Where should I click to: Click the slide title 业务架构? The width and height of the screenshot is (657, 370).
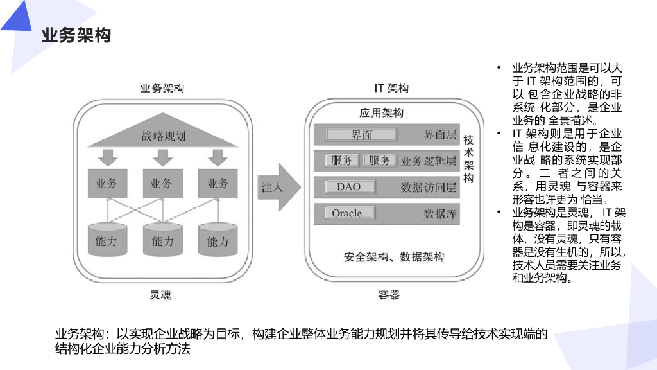coord(76,35)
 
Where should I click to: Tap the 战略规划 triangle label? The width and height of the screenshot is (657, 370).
coord(163,136)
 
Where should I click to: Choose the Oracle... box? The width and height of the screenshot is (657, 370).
coord(350,213)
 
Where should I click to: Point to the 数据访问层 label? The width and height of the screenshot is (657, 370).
coord(428,188)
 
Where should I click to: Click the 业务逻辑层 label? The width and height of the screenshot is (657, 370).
coord(428,161)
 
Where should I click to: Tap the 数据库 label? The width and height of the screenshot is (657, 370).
coord(439,214)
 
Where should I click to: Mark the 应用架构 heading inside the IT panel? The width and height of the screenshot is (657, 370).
coord(381,113)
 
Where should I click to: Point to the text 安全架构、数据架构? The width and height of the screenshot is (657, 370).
coord(393,257)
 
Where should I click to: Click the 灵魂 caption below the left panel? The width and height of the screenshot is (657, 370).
coord(160,295)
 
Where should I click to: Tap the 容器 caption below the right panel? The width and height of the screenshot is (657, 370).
coord(389,295)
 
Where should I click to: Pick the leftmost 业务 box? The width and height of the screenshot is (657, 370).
coord(107,183)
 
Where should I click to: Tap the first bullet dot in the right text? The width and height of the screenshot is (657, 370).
coord(498,67)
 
